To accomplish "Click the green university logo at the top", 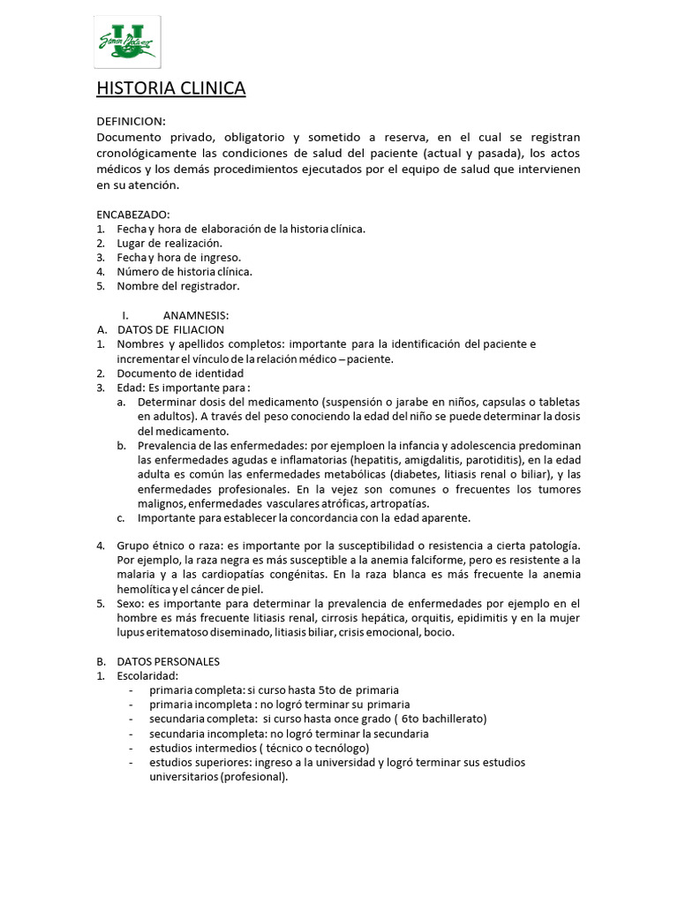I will (127, 41).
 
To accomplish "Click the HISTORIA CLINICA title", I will (170, 88).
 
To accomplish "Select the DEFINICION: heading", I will (131, 121).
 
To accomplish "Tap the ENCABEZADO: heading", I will (133, 215).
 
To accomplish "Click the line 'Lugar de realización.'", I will (169, 243).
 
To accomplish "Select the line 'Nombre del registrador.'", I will (177, 285).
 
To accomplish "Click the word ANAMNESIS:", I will (196, 315).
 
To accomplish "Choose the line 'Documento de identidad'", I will (180, 373).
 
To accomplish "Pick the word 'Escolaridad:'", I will (147, 675).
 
